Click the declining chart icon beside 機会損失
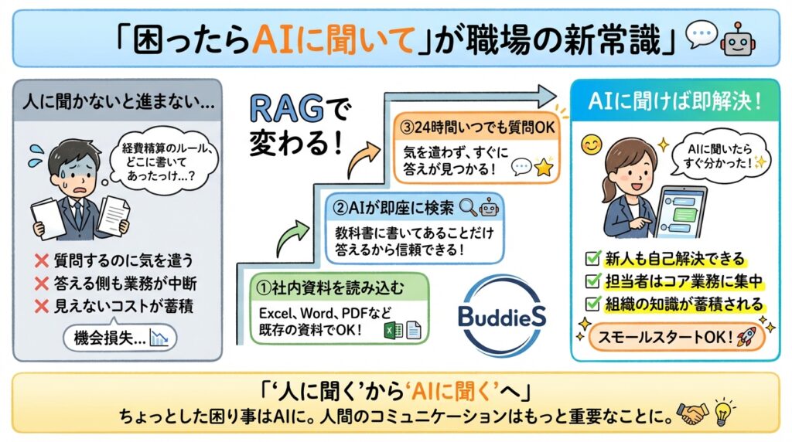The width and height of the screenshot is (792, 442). [160, 337]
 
